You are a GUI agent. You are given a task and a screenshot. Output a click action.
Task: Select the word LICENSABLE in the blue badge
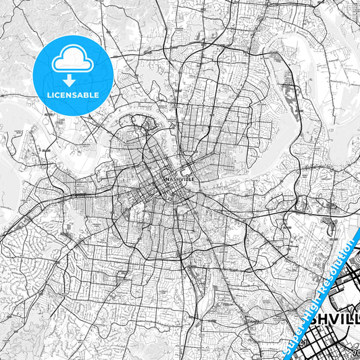pyautogui.click(x=72, y=95)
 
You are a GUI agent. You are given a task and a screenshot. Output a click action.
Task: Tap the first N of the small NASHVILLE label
pyautogui.click(x=166, y=178)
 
